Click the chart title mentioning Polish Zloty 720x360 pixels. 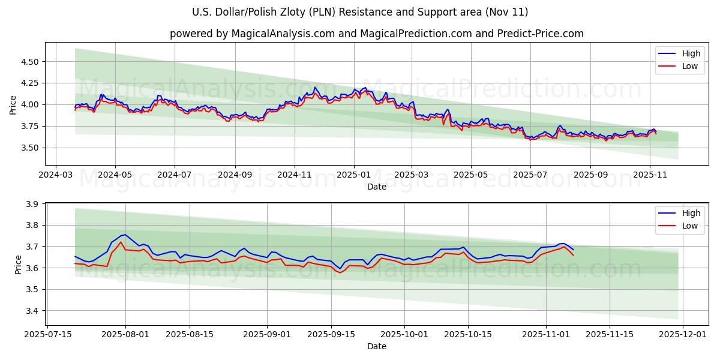click(x=360, y=12)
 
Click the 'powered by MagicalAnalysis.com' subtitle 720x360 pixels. click(x=376, y=34)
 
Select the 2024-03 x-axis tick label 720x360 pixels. click(x=56, y=175)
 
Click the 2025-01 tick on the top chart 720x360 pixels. click(x=354, y=175)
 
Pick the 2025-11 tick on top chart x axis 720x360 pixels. click(x=650, y=175)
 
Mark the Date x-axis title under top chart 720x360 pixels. click(x=376, y=187)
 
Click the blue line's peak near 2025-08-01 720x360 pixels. click(x=124, y=234)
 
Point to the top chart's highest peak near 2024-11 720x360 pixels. click(x=315, y=87)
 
